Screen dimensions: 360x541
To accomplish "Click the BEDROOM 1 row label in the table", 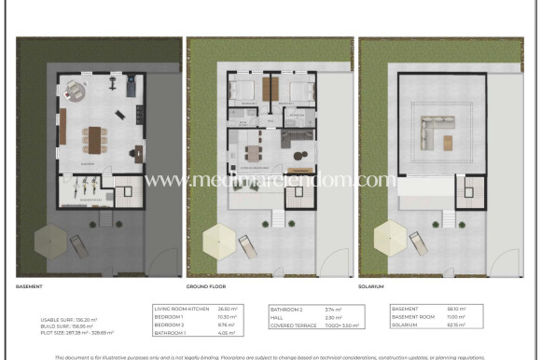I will pyautogui.click(x=169, y=315).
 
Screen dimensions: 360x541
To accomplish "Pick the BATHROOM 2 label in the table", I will pyautogui.click(x=284, y=308).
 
